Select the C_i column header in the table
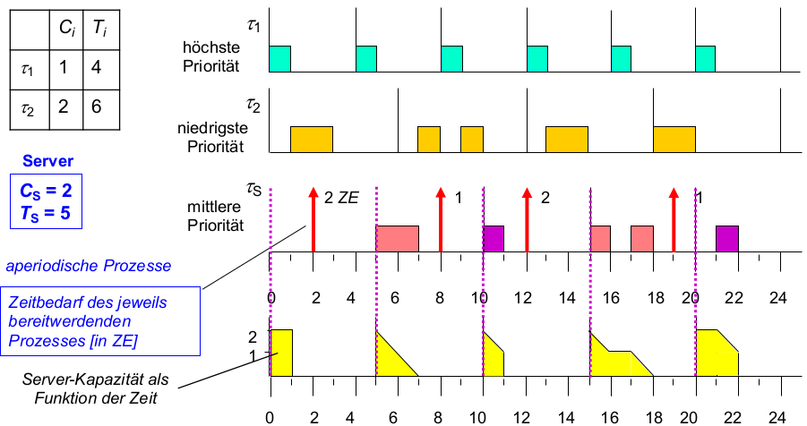[66, 29]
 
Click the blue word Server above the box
[48, 161]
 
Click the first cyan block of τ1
[280, 58]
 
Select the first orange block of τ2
[312, 139]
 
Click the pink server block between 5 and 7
[397, 238]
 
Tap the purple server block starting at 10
[494, 238]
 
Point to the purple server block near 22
[727, 238]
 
